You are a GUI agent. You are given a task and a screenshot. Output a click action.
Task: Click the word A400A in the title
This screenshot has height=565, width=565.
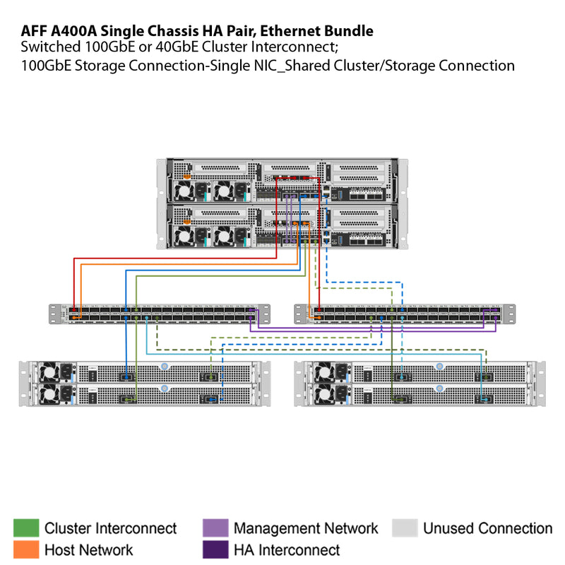(x=73, y=31)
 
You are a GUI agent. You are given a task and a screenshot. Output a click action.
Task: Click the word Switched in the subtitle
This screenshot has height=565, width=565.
(x=49, y=48)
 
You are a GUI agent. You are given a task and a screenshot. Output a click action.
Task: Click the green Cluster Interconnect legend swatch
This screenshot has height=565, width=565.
(x=25, y=528)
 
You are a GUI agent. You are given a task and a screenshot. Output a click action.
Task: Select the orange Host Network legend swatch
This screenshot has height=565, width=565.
(x=25, y=549)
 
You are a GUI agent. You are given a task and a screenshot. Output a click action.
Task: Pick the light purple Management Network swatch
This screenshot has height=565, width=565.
(x=214, y=528)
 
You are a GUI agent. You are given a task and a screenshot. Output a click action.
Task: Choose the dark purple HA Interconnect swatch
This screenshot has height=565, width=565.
(x=214, y=549)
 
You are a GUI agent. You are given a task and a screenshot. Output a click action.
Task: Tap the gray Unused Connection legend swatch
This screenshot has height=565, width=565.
(x=404, y=528)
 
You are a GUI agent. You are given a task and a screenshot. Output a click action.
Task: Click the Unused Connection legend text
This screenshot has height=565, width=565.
(x=487, y=528)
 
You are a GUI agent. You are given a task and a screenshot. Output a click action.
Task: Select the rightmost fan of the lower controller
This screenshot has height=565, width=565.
(x=227, y=234)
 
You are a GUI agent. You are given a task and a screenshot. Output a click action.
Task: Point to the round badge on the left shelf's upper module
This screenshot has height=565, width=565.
(x=165, y=366)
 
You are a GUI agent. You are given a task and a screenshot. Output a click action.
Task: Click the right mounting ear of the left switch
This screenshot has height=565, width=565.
(x=266, y=314)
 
